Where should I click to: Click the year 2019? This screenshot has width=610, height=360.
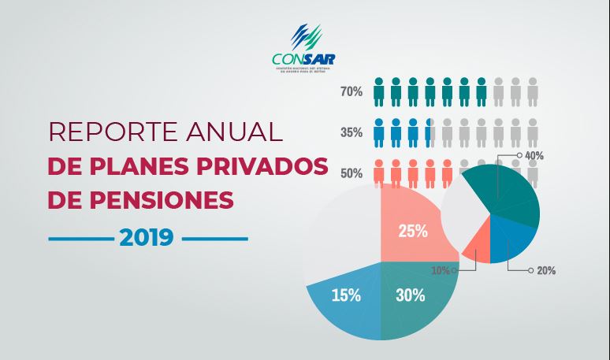(x=147, y=237)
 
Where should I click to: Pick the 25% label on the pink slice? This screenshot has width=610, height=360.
(x=413, y=232)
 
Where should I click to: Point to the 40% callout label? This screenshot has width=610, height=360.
(x=534, y=156)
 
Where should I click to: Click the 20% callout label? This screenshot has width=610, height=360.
(x=546, y=270)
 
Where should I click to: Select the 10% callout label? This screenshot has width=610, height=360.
(x=441, y=270)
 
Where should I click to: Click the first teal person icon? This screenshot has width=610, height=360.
(x=379, y=91)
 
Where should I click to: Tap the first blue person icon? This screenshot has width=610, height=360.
(x=379, y=132)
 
